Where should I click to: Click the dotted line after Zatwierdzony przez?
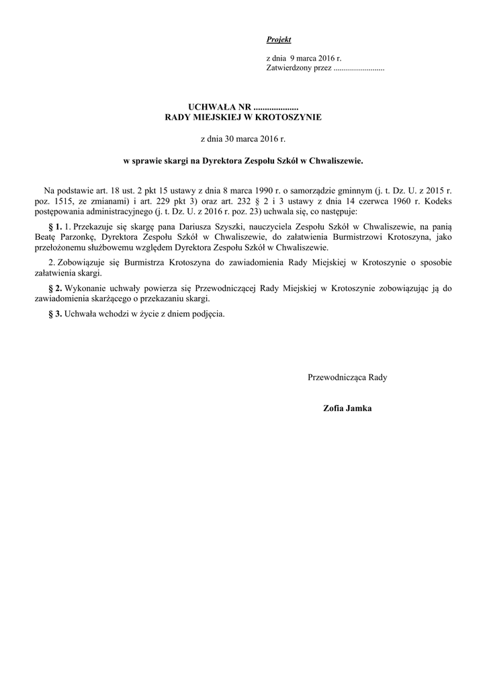pos(359,69)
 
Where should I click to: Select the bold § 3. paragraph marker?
pos(56,314)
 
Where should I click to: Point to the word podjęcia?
pos(208,314)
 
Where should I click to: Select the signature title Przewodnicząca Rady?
pos(347,377)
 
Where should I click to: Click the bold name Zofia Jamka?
pos(347,408)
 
